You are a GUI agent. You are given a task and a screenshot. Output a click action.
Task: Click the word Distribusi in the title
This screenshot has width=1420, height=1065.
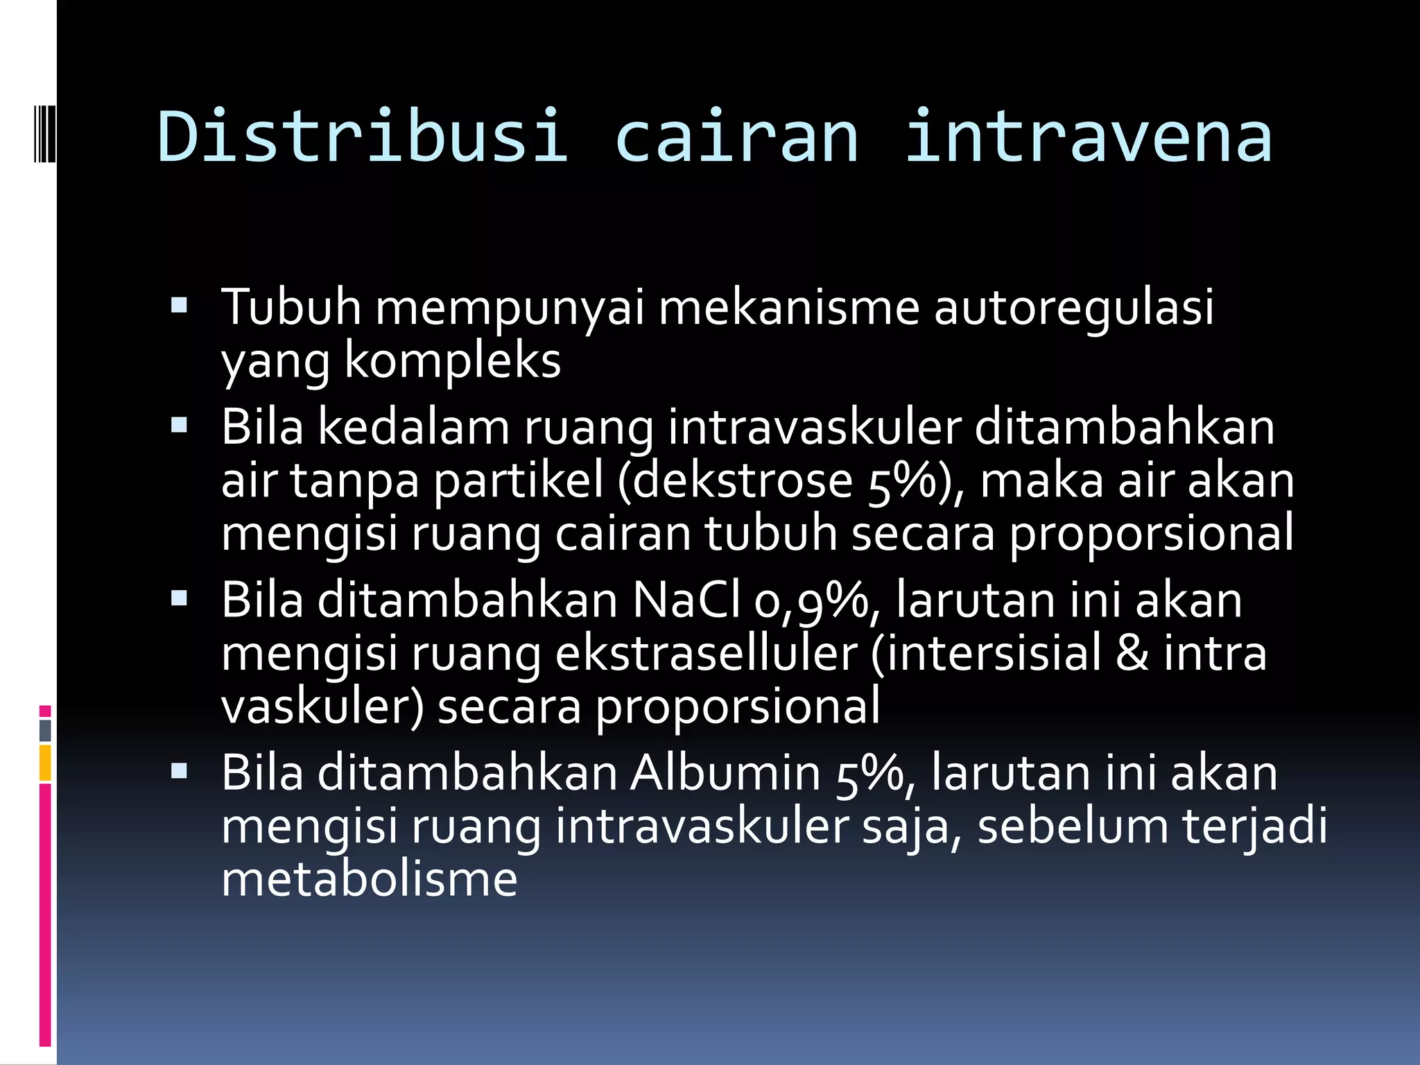pos(363,137)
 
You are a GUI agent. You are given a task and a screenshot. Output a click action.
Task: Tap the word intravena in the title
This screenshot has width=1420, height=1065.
pos(1089,137)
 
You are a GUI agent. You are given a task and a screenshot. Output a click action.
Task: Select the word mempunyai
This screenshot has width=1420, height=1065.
pos(510,306)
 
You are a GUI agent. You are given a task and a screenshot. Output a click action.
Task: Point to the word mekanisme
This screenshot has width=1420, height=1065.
pos(788,306)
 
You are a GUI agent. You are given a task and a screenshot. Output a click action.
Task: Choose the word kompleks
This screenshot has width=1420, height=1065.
pos(452,361)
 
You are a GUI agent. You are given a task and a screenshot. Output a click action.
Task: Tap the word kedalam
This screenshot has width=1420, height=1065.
pos(413,427)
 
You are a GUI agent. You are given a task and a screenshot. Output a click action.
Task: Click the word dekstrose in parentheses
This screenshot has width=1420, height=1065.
pos(741,480)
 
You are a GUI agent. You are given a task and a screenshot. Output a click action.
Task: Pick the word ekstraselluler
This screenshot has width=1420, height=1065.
pos(707,653)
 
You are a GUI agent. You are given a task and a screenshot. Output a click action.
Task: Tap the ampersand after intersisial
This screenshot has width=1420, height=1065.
pos(1132,653)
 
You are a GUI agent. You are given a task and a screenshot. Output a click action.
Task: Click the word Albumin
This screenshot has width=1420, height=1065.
pos(725,772)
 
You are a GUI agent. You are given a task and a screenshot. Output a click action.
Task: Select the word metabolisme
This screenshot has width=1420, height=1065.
pos(369,879)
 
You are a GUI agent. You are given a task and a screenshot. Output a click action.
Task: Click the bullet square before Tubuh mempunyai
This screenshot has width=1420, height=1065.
pos(179,306)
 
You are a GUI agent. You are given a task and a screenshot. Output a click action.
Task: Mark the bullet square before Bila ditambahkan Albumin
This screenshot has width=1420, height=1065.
pos(179,771)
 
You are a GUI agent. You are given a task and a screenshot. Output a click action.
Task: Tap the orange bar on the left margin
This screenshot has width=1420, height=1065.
pos(45,763)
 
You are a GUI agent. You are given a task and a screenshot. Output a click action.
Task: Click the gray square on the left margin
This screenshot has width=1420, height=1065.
pos(45,730)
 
